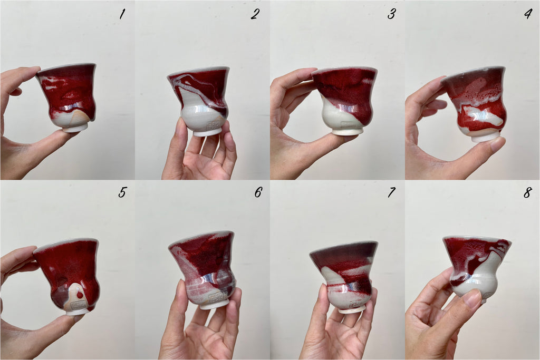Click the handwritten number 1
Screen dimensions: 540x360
(122, 14)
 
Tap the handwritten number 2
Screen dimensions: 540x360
(255, 14)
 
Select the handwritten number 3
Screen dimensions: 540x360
(391, 14)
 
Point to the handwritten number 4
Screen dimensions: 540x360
(528, 14)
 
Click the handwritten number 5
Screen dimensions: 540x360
(122, 192)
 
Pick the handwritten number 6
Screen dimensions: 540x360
(258, 192)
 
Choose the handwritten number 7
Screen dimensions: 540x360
(391, 192)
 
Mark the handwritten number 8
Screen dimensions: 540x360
(527, 192)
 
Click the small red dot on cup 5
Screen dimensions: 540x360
(80, 295)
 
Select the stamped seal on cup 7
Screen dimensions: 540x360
(355, 304)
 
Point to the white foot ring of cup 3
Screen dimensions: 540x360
(347, 131)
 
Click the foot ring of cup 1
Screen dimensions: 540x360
(75, 128)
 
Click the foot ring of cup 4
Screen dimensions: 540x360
(486, 137)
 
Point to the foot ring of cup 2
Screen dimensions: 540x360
(207, 132)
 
